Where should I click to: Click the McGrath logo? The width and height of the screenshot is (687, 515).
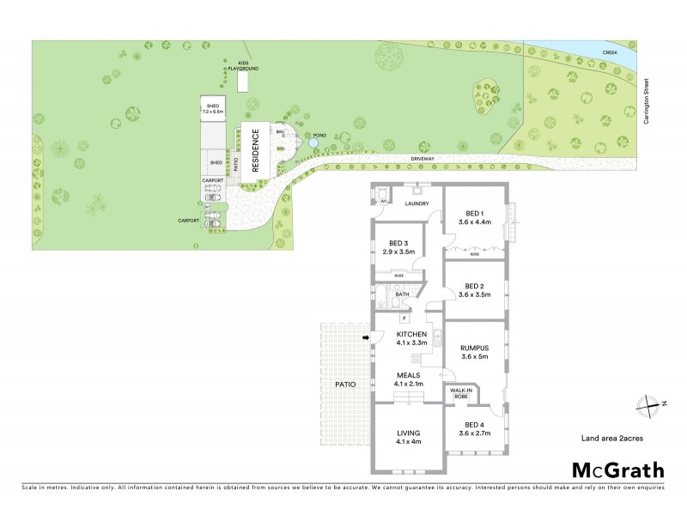[x=617, y=470]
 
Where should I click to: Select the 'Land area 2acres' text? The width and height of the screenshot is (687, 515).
[x=612, y=439]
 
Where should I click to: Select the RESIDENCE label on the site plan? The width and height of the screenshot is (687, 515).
[x=255, y=151]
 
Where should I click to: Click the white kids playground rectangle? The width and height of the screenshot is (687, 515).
[x=243, y=81]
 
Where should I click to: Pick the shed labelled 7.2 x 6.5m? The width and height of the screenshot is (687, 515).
[x=212, y=109]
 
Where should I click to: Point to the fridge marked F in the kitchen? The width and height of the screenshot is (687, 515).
[x=404, y=319]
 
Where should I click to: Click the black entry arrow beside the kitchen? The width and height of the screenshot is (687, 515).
[x=365, y=338]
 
